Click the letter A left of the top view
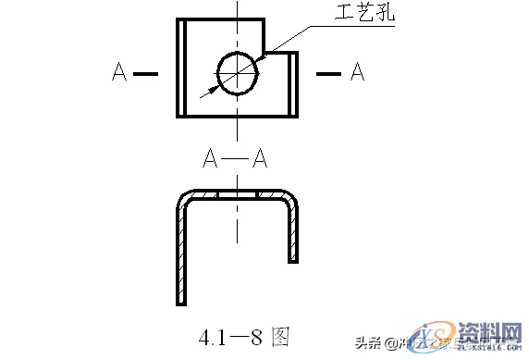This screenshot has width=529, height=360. pyautogui.click(x=118, y=72)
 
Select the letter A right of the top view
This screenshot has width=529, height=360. pyautogui.click(x=356, y=72)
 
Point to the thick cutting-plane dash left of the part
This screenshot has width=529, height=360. pyautogui.click(x=146, y=72)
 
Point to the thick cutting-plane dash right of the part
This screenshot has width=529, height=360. pyautogui.click(x=328, y=72)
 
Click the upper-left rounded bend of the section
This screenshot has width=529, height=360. pyautogui.click(x=185, y=199)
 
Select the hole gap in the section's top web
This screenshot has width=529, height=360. pyautogui.click(x=237, y=194)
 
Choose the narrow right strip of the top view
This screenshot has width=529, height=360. pyautogui.click(x=295, y=83)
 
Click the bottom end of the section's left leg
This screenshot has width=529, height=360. pyautogui.click(x=180, y=301)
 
